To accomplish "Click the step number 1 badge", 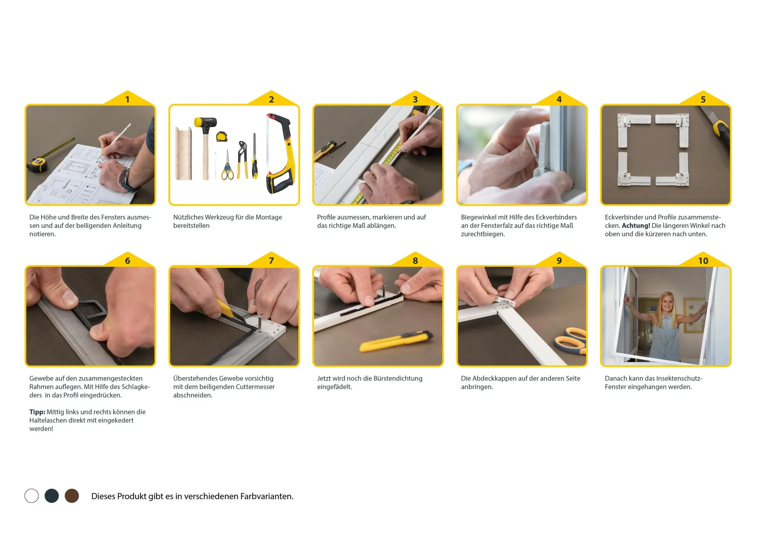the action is pyautogui.click(x=127, y=99).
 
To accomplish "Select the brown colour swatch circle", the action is pyautogui.click(x=72, y=496).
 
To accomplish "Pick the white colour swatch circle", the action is pyautogui.click(x=32, y=496).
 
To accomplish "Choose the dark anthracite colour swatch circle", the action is pyautogui.click(x=52, y=496).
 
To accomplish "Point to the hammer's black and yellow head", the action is pyautogui.click(x=205, y=123).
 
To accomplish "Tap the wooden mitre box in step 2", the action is pyautogui.click(x=183, y=154).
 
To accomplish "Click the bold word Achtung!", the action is pyautogui.click(x=636, y=226).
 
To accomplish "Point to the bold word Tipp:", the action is pyautogui.click(x=37, y=412).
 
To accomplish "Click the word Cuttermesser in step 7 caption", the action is pyautogui.click(x=255, y=387).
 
